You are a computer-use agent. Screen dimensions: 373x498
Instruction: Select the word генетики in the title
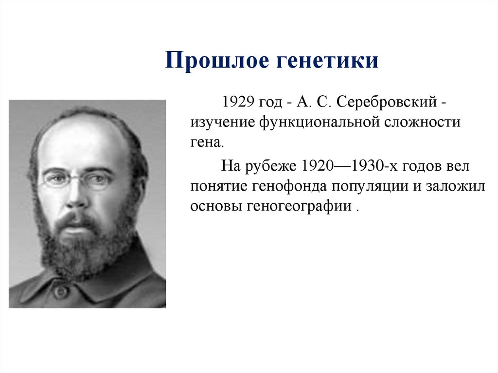[327, 61]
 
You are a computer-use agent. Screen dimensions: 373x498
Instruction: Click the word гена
[207, 143]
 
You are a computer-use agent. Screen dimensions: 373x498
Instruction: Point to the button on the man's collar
[61, 291]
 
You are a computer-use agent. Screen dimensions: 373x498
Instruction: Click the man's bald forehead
[80, 143]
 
